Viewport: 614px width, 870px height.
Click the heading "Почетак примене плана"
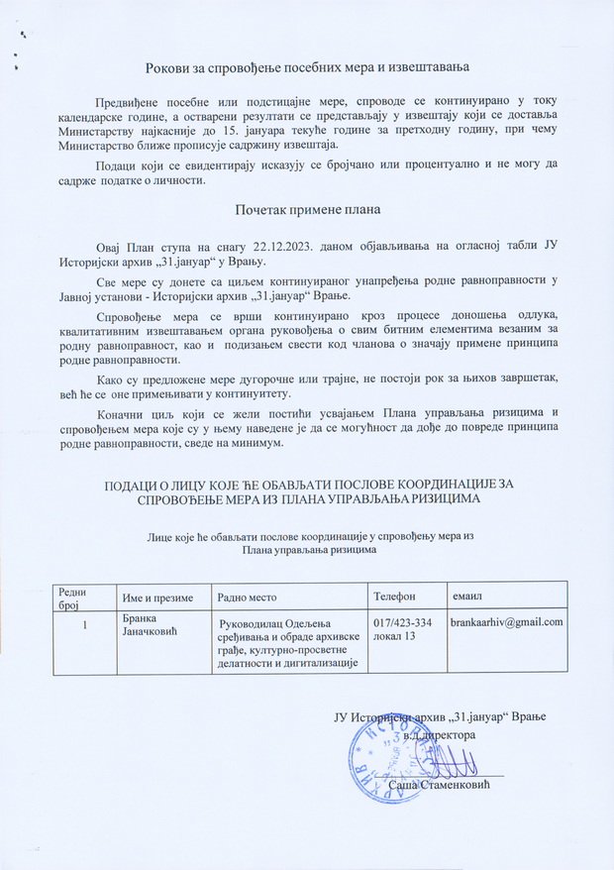(x=307, y=210)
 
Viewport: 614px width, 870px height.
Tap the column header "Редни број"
(x=73, y=597)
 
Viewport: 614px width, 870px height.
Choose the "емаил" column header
(x=466, y=598)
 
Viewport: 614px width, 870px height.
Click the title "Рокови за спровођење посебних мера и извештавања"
(x=307, y=66)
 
